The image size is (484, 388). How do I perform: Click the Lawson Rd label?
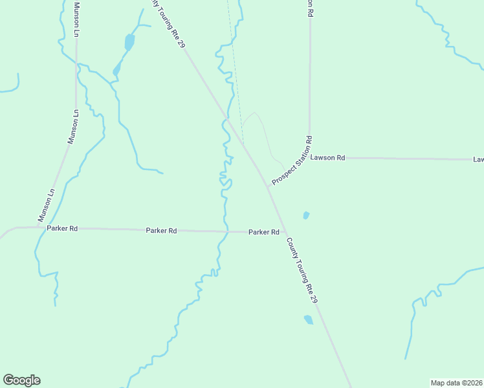pyautogui.click(x=327, y=157)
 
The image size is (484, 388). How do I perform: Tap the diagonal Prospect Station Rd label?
pyautogui.click(x=292, y=160)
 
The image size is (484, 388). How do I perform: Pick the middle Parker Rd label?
pyautogui.click(x=161, y=230)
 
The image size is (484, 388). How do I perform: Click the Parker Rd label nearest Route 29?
pyautogui.click(x=264, y=232)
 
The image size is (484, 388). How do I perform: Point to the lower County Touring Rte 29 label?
pyautogui.click(x=302, y=271)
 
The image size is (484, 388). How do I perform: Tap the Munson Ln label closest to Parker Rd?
pyautogui.click(x=47, y=205)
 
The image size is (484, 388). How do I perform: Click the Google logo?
pyautogui.click(x=21, y=380)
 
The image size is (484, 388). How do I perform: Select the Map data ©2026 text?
pyautogui.click(x=456, y=383)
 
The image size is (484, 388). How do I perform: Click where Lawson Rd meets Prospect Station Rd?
pyautogui.click(x=309, y=157)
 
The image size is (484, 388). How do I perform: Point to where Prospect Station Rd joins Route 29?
pyautogui.click(x=267, y=186)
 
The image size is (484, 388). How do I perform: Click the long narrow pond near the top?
pyautogui.click(x=129, y=43)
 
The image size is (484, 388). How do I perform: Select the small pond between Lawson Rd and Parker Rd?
pyautogui.click(x=306, y=215)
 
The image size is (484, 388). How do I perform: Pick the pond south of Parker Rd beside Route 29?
pyautogui.click(x=309, y=319)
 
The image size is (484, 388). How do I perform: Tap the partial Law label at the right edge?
pyautogui.click(x=478, y=159)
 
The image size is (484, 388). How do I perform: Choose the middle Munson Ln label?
pyautogui.click(x=73, y=127)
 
